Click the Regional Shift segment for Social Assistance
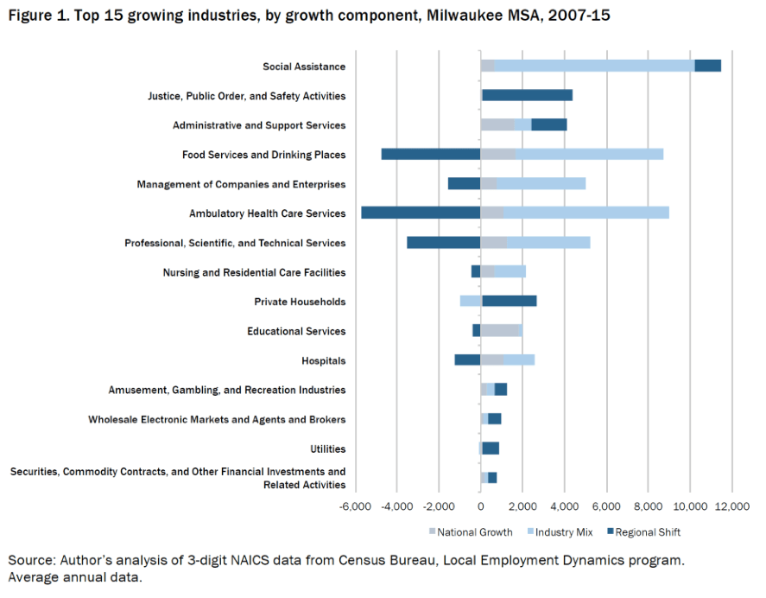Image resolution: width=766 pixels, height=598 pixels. [x=707, y=66]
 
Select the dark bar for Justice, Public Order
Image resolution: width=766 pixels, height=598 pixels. [x=527, y=95]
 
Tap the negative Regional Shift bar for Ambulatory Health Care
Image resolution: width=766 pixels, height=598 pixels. [x=421, y=213]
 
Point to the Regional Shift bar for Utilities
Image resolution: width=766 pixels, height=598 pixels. [x=491, y=448]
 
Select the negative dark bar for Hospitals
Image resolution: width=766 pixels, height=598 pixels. [x=467, y=359]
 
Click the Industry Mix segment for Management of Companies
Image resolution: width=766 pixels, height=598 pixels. [x=541, y=183]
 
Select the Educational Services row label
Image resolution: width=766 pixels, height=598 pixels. [x=296, y=331]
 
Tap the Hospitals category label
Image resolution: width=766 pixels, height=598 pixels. [x=323, y=360]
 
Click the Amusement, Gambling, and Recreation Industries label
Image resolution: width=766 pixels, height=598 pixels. [x=227, y=390]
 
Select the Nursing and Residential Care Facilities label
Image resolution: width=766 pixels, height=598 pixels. [x=254, y=272]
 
